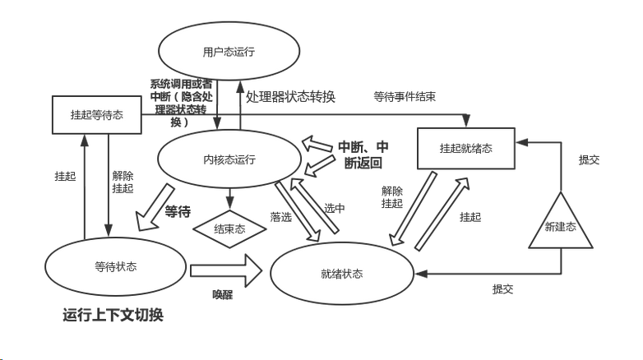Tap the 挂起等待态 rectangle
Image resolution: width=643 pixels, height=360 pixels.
[95, 115]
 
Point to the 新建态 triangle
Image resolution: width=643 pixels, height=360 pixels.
[561, 224]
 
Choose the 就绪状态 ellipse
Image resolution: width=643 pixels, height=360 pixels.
[342, 273]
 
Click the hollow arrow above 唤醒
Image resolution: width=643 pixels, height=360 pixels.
[222, 267]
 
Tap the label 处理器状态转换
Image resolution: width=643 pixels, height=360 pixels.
[290, 96]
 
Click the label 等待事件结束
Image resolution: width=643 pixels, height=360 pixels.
[405, 96]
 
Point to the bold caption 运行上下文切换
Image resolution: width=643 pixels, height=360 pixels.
[113, 315]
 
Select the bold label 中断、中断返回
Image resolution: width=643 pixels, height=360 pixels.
[363, 155]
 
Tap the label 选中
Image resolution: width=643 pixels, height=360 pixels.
[334, 208]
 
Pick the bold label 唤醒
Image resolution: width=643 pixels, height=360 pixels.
[223, 293]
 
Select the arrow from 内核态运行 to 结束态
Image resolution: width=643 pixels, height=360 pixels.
[229, 197]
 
